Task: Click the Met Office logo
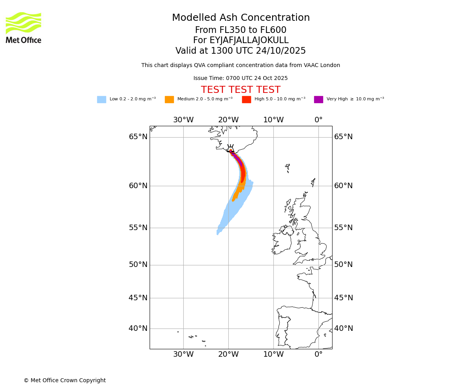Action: point(23,27)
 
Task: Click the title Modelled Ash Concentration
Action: point(240,18)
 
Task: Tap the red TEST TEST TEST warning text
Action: point(240,90)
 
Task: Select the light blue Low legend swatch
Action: point(101,100)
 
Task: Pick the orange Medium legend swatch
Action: point(169,100)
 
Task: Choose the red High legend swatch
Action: point(246,100)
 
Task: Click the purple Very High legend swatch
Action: point(318,100)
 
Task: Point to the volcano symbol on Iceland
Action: point(230,148)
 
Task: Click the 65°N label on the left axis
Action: point(138,137)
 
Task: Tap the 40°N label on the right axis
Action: point(343,328)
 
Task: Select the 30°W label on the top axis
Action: point(183,120)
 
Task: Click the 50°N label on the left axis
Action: point(138,265)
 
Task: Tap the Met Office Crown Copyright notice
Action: point(65,381)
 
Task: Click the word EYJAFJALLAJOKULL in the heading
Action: point(249,40)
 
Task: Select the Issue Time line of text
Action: point(240,78)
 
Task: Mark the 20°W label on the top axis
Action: point(228,120)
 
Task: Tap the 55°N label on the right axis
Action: point(343,228)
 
